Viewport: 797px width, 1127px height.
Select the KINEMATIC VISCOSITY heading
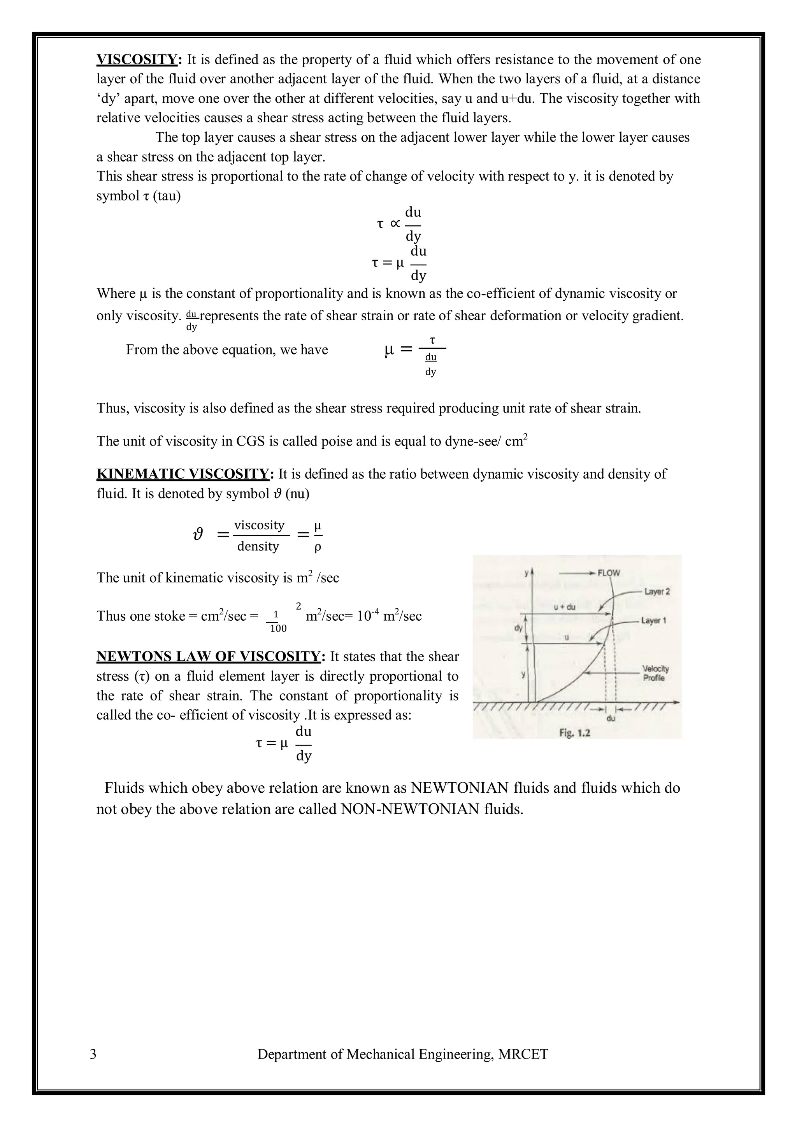(x=183, y=474)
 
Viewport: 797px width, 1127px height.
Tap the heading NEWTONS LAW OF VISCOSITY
(x=208, y=657)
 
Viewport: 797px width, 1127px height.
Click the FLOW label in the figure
(x=609, y=573)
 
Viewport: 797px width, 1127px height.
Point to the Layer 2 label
(x=657, y=592)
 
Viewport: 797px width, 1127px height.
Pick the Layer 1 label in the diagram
(x=653, y=620)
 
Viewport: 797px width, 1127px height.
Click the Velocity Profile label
(x=655, y=674)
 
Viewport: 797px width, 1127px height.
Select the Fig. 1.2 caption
(x=575, y=733)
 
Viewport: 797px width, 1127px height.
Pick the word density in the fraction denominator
(x=258, y=546)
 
